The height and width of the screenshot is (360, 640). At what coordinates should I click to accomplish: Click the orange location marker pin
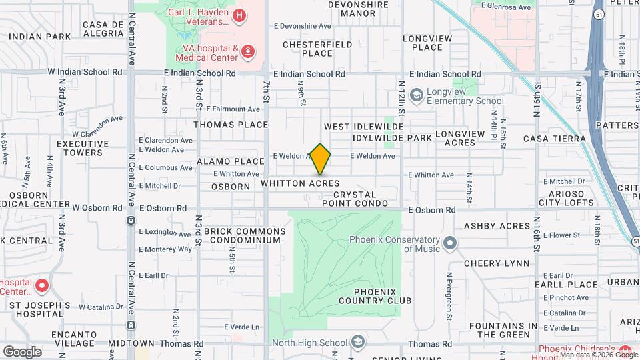pos(321,159)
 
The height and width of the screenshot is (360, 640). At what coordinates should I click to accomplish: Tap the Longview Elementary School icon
pos(417,95)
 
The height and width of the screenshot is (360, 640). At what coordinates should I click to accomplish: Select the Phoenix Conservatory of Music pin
pos(450,244)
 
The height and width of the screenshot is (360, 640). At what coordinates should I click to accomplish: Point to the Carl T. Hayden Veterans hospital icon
pos(238,15)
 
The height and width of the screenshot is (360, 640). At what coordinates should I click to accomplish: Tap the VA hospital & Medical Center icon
pos(247,51)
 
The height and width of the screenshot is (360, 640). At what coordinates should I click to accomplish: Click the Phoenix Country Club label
pos(375,296)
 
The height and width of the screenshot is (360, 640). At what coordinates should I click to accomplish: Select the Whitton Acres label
pos(300,183)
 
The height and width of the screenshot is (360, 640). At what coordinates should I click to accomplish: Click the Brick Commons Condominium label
pos(245,235)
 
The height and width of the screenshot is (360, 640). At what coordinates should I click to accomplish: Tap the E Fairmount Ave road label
pos(233,109)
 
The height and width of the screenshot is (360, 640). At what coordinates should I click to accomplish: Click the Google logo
pos(22,351)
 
